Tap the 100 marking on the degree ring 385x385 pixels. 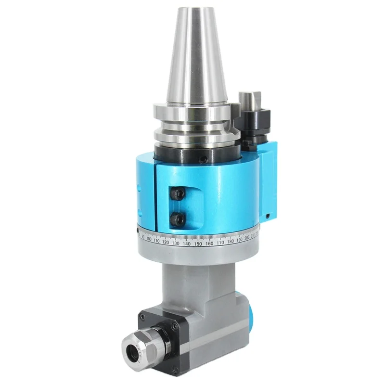click(149, 239)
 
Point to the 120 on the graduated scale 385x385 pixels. click(165, 242)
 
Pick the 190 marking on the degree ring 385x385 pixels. click(240, 240)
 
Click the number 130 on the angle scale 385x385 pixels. click(176, 243)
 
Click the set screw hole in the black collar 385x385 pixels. click(205, 158)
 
